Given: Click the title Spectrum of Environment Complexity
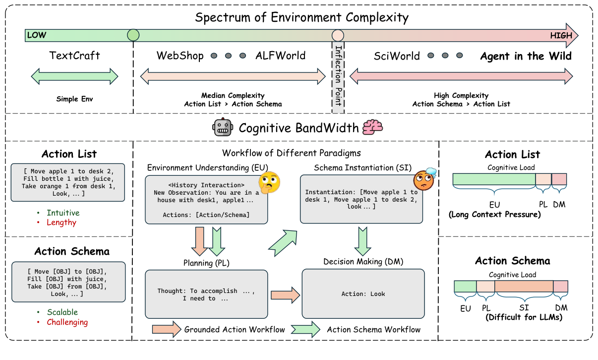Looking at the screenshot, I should [x=301, y=18].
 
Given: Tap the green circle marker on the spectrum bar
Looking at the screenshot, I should [x=133, y=35].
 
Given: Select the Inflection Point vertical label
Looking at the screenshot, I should [x=338, y=74].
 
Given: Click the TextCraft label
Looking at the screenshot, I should [x=74, y=56].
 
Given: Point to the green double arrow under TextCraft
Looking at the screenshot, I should [x=74, y=76].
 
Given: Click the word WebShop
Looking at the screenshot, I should [x=180, y=56].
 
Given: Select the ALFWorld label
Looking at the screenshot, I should [x=281, y=56].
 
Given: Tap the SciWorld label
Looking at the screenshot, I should [x=397, y=56].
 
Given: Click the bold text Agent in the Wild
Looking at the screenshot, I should [x=526, y=56].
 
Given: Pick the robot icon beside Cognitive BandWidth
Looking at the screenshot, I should [x=223, y=128].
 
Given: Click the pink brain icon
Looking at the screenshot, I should [x=372, y=127].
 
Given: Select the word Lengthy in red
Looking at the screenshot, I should [x=61, y=222].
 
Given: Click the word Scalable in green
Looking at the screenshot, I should [x=62, y=312].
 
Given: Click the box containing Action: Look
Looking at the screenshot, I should [x=363, y=293].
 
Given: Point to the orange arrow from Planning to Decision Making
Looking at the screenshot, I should [x=285, y=294].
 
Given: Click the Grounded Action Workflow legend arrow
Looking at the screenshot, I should [x=167, y=329].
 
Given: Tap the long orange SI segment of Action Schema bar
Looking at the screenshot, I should [x=524, y=286].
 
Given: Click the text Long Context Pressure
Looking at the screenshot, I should [x=494, y=215].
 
